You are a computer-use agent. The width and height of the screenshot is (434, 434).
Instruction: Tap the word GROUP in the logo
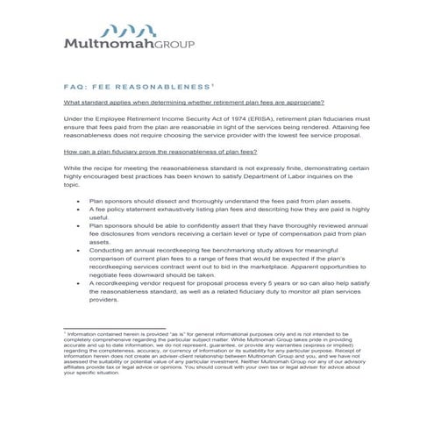174,42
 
